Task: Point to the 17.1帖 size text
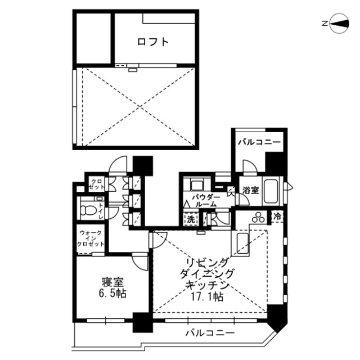(x=206, y=297)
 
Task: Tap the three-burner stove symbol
(x=260, y=216)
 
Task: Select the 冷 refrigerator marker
(x=277, y=216)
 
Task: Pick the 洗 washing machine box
(x=191, y=220)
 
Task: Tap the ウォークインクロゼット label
(x=90, y=238)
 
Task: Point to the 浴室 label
(x=250, y=191)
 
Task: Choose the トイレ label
(x=101, y=210)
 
